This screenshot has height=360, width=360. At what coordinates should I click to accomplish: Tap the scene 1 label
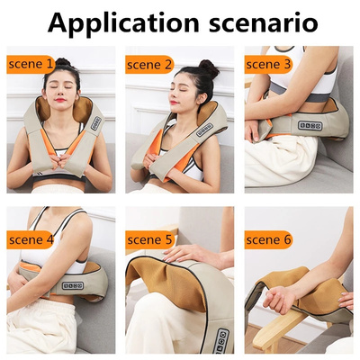coord(31,65)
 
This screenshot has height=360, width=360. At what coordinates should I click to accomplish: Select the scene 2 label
coord(149,65)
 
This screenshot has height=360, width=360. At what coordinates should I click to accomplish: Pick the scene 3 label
coord(268,65)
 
